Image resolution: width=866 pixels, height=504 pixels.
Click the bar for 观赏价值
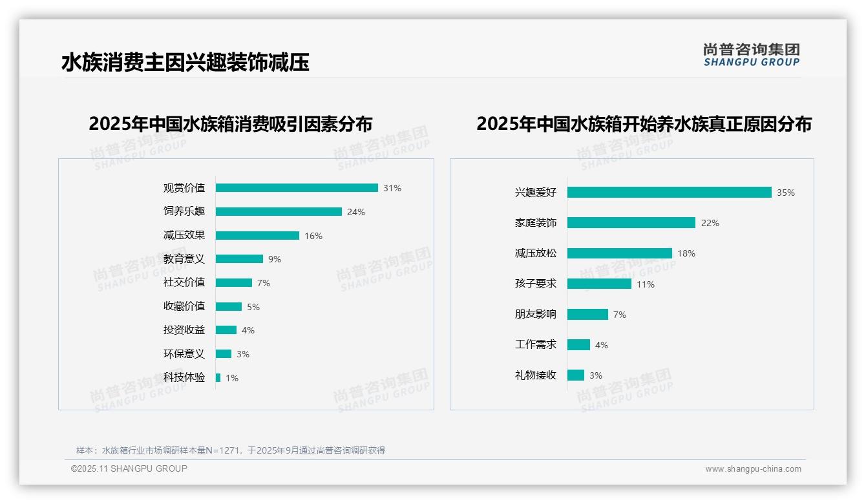(297, 188)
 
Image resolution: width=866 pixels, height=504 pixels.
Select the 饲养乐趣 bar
(279, 212)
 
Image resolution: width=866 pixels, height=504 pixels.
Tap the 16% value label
(313, 236)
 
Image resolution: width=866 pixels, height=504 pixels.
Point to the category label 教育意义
(184, 259)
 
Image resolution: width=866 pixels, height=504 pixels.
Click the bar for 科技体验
(218, 377)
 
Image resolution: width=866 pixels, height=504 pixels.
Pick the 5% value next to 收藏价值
(253, 307)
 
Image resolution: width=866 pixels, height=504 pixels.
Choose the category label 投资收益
(184, 330)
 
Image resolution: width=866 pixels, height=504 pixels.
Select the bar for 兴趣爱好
(669, 193)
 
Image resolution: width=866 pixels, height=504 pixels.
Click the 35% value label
(786, 193)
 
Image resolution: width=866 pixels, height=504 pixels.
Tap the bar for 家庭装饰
(631, 223)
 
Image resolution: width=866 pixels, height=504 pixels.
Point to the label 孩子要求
(536, 284)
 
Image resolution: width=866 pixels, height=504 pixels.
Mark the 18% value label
(686, 253)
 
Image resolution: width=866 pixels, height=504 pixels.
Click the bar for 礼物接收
(576, 375)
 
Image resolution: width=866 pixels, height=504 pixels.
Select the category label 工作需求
(536, 345)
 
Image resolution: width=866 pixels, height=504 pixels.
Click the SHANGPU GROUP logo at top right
(752, 55)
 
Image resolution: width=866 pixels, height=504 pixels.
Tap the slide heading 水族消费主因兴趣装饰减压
(185, 63)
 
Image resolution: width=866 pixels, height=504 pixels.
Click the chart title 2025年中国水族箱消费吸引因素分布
(231, 124)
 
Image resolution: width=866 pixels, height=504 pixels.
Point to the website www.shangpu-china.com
(753, 469)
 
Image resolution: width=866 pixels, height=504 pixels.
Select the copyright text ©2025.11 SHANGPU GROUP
(129, 468)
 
